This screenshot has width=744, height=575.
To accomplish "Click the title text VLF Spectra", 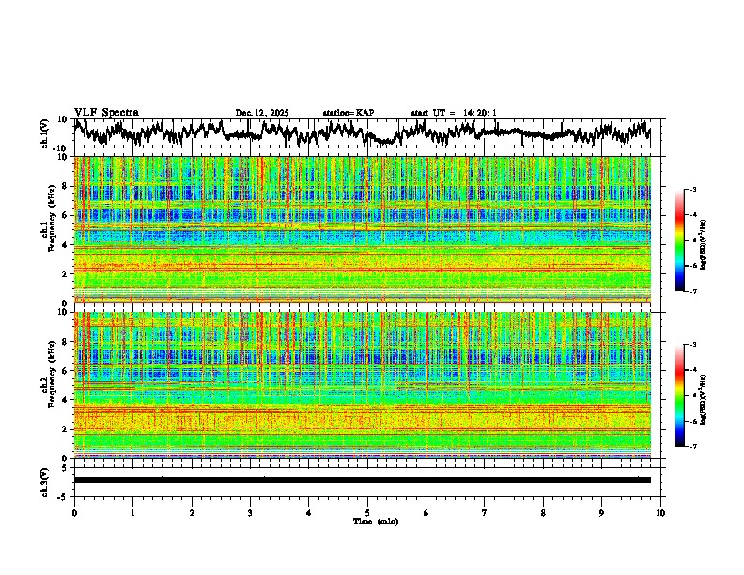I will (106, 112).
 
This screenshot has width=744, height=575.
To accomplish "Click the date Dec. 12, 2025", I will (262, 113).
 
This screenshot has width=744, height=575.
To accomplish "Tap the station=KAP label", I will (348, 113).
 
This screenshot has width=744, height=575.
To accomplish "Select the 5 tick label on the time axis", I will (367, 512).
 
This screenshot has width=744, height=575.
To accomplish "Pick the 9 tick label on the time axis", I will (602, 512).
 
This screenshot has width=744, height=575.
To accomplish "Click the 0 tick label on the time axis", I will (74, 512).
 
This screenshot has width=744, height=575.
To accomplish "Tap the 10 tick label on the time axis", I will (660, 512).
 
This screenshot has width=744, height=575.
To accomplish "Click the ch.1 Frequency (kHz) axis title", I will (46, 229).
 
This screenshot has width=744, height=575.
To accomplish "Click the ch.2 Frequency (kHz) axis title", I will (46, 384).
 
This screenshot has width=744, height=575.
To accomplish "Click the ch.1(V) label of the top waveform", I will (46, 133).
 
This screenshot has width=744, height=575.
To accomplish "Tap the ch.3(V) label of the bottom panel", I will (46, 480).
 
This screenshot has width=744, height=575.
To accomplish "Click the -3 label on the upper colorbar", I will (701, 190).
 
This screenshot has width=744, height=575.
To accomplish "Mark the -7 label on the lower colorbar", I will (701, 447).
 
